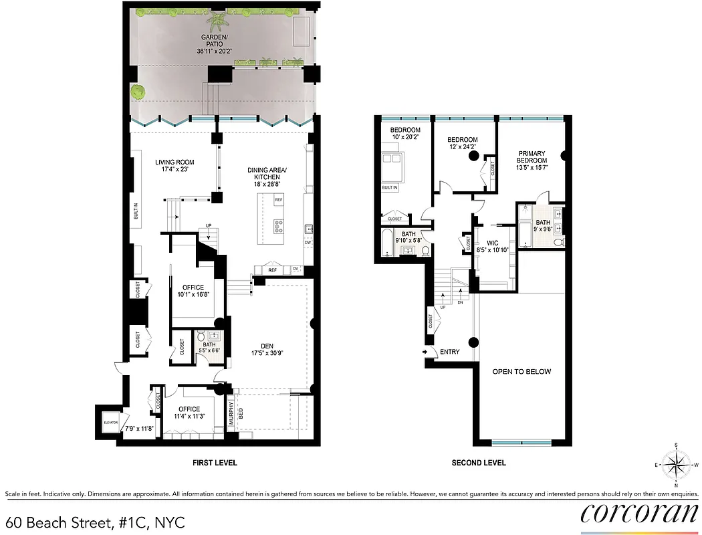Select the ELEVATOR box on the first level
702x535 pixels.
(110, 422)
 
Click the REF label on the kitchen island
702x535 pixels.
(278, 200)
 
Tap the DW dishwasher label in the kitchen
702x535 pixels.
(308, 243)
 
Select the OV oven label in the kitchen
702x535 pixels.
(296, 269)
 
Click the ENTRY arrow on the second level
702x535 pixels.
(426, 352)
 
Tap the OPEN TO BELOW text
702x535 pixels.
(521, 372)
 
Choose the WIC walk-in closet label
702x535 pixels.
(493, 245)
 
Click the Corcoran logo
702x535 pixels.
(638, 513)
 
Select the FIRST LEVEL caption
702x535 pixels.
(215, 463)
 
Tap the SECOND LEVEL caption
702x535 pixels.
(479, 463)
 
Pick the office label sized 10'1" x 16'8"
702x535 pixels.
(191, 291)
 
